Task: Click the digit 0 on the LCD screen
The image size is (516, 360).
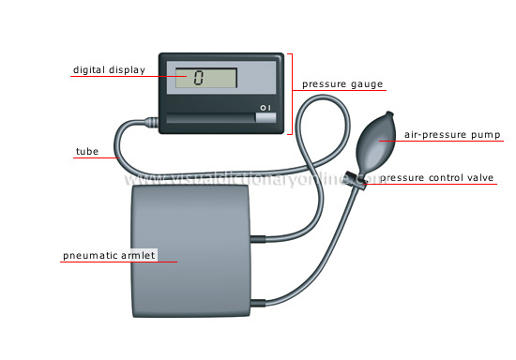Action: point(199,78)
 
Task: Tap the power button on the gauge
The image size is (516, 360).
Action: point(266,119)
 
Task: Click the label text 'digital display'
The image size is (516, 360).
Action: point(109,69)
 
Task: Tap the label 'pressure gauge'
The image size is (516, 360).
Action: point(342,83)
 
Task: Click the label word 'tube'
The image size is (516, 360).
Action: point(84,151)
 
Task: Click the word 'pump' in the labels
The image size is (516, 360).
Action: point(484,135)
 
